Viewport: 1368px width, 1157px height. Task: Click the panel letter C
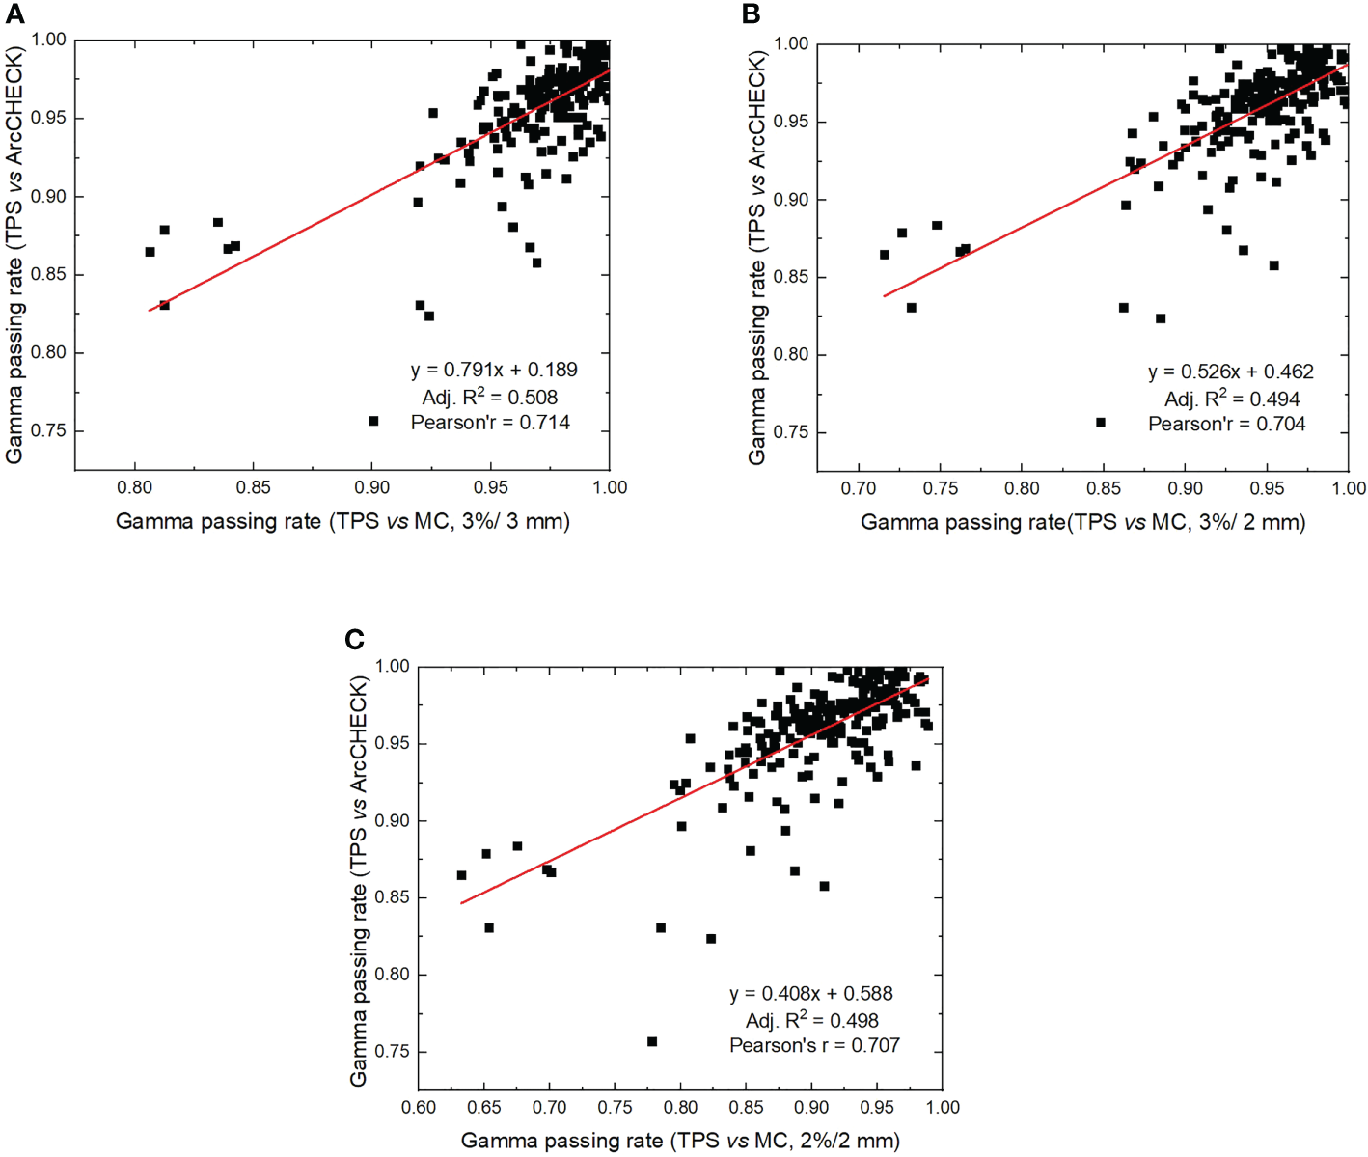click(355, 639)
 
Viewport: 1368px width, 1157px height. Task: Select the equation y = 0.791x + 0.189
click(494, 370)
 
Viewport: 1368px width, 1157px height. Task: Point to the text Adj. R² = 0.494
click(1232, 399)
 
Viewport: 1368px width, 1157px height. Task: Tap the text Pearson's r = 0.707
click(814, 1045)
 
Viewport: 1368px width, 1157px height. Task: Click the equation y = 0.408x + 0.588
click(810, 993)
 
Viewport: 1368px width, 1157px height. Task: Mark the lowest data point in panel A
click(373, 421)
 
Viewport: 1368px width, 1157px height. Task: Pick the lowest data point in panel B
click(1101, 423)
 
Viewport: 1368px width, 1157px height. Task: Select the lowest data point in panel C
click(652, 1042)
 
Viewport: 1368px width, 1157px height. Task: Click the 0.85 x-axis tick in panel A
click(254, 488)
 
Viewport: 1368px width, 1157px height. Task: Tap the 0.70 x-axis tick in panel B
click(859, 489)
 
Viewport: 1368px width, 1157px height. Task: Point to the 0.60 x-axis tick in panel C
click(419, 1108)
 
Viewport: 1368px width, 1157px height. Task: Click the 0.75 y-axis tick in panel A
click(48, 430)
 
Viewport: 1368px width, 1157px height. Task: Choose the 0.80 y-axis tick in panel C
click(392, 975)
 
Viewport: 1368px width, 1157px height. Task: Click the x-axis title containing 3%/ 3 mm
click(342, 522)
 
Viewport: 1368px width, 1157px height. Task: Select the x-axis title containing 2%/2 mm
click(680, 1141)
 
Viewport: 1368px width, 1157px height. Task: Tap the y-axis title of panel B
click(757, 257)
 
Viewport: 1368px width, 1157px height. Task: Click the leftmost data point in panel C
click(461, 875)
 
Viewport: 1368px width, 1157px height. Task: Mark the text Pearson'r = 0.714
click(490, 423)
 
